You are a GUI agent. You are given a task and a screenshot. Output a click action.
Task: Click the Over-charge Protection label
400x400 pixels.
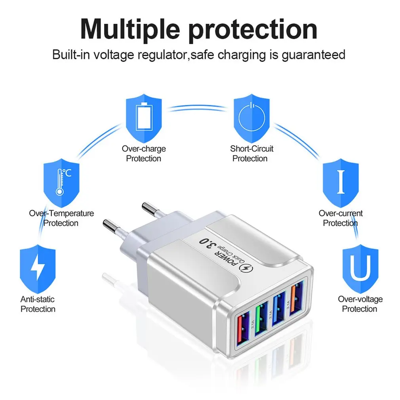143,154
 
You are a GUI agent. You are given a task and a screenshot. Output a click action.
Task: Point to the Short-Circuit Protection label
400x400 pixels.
251,154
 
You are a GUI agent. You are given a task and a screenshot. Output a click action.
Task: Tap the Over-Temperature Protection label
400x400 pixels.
61,218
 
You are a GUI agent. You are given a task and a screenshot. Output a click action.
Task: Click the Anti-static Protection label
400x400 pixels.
38,304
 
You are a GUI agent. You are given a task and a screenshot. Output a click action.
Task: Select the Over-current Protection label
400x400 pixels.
341,218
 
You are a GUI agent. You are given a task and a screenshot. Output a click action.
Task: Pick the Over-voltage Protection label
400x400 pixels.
360,304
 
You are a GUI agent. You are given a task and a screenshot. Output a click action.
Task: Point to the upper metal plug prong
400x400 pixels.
148,207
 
